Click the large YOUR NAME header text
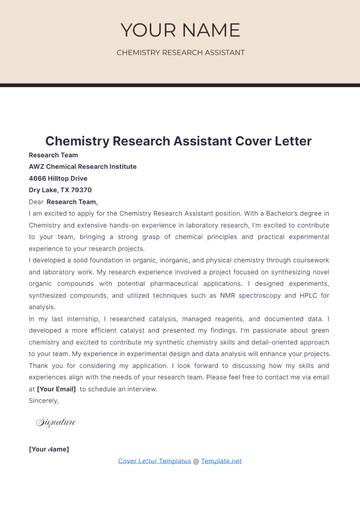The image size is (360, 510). (180, 30)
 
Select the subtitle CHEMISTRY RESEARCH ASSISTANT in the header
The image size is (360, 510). (180, 52)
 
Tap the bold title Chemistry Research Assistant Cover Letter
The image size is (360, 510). (178, 141)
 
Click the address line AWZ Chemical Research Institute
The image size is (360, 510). (83, 167)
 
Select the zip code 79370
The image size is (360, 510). (81, 190)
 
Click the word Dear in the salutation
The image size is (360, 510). (36, 202)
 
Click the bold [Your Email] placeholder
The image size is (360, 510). (56, 388)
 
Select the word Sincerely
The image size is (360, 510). (44, 400)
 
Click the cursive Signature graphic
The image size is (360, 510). (56, 423)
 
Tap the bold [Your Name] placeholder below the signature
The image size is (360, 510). (49, 449)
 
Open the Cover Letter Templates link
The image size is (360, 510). (154, 461)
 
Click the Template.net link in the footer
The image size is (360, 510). (221, 461)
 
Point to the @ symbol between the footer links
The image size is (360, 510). (196, 461)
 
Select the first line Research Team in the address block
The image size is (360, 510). (53, 155)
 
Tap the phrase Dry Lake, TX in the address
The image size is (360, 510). (48, 190)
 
